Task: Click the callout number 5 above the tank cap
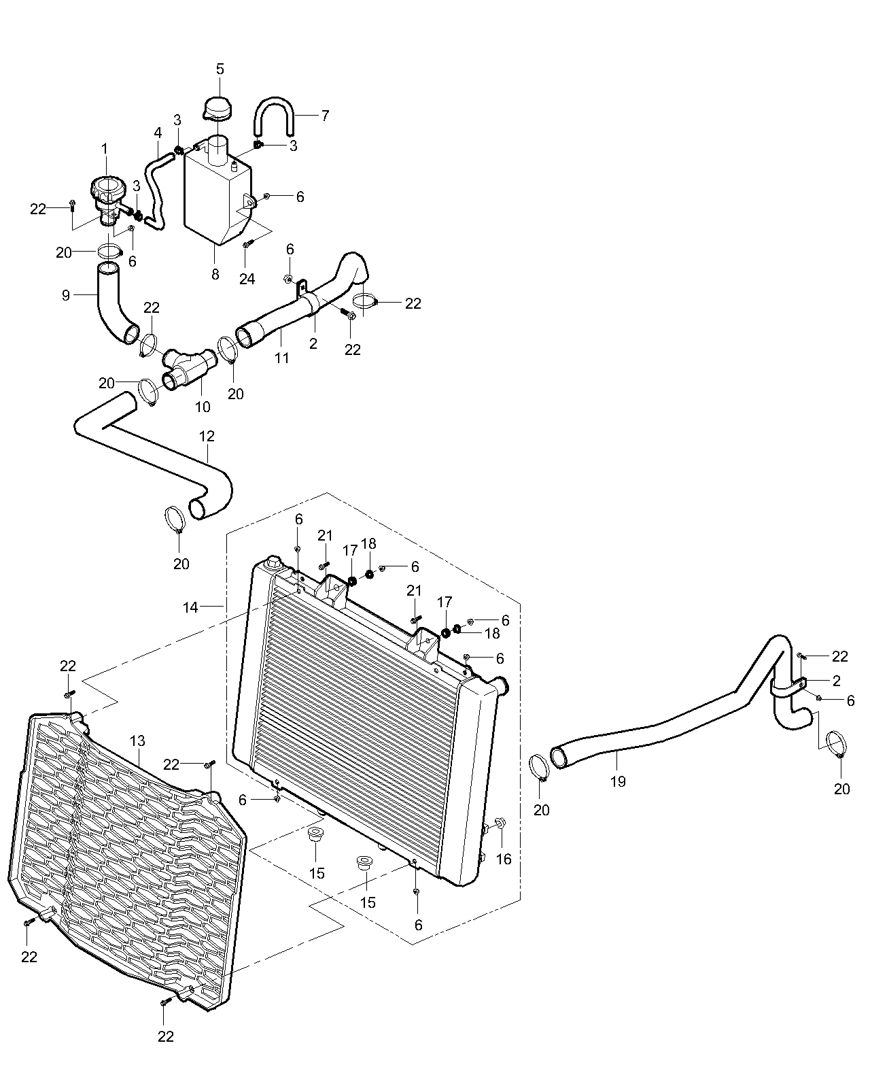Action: click(x=220, y=69)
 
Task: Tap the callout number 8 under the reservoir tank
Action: click(x=215, y=274)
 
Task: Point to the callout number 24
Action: click(x=247, y=279)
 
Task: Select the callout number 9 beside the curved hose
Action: click(x=66, y=295)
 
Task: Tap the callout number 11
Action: click(x=281, y=358)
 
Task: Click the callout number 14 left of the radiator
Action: click(x=190, y=607)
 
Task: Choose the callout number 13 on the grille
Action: click(x=137, y=741)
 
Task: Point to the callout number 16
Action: click(x=504, y=859)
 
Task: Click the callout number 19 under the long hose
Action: click(x=617, y=781)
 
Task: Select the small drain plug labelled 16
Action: click(x=501, y=824)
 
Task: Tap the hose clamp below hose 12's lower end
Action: click(x=175, y=520)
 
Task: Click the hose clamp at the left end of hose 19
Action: click(x=539, y=766)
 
